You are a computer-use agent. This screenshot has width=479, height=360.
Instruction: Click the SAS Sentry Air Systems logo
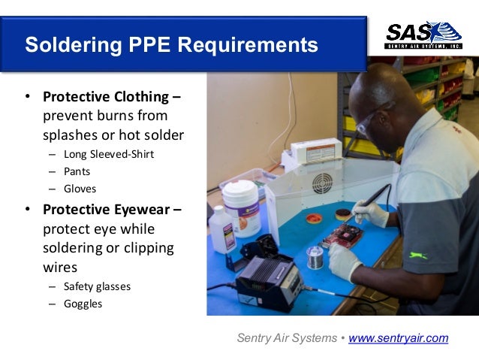point(423,35)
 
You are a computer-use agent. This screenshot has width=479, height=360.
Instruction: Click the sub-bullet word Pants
point(77,171)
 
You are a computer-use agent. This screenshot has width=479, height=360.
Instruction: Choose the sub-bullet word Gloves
point(80,189)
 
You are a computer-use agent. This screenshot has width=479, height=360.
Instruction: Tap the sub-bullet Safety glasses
point(97,286)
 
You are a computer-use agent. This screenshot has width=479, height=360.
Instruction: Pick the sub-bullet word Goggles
point(83,304)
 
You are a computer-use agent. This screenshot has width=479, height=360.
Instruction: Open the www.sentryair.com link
point(398,338)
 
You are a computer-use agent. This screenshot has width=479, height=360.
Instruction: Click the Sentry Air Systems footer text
point(286,338)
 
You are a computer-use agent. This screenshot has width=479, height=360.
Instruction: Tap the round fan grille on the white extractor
point(322,183)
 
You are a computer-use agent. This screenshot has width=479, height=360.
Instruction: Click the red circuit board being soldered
point(342,235)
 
